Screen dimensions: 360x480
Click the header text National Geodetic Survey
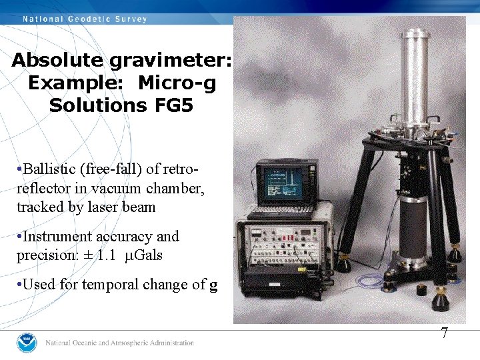pos(85,19)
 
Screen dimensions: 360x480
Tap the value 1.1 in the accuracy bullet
pos(115,255)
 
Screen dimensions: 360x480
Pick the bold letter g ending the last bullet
pos(213,285)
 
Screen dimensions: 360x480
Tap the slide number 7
pos(444,333)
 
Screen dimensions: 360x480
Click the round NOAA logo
pos(27,342)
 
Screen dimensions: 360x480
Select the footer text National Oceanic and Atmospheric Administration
pos(119,343)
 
